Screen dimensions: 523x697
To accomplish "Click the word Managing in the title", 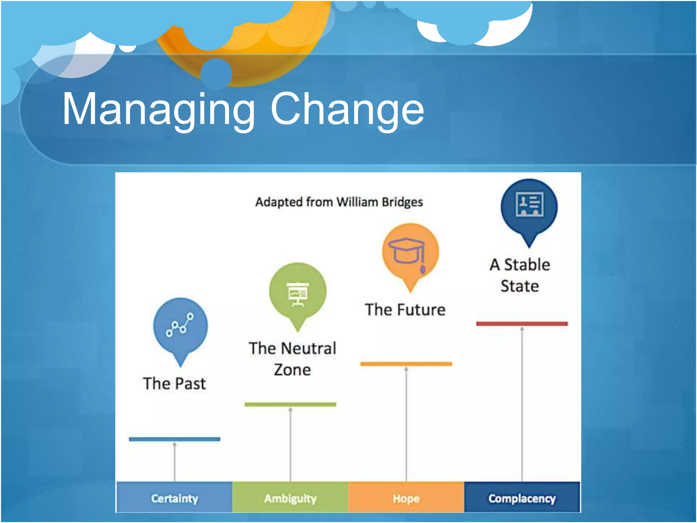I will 159,110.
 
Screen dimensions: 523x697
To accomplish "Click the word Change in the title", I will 347,110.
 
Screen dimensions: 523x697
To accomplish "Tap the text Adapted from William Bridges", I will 339,202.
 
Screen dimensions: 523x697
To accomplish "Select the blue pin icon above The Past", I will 180,327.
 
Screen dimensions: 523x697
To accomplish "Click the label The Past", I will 174,384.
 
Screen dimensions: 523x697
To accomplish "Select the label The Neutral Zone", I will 292,359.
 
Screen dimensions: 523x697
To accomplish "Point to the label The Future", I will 405,310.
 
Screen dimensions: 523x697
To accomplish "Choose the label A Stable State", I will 520,275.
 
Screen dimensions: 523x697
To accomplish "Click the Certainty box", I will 175,498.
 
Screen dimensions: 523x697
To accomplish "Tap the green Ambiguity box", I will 290,498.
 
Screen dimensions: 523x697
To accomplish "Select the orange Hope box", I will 406,498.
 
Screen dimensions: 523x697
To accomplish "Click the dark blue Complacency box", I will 522,498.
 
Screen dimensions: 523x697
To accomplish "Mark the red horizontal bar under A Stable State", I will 522,323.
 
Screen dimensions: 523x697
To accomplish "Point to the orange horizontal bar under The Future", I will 406,364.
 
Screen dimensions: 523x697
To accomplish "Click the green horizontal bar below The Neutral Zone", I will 290,405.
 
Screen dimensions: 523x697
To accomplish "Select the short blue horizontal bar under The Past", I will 175,439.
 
